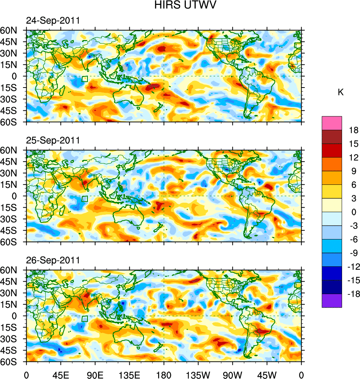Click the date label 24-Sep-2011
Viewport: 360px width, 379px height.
(x=52, y=21)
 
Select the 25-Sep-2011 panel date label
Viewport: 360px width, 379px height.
(x=52, y=141)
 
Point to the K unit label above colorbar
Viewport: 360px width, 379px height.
(x=341, y=92)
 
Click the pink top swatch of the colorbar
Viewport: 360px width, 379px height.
(x=332, y=123)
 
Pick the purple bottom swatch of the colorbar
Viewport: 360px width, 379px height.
(x=332, y=300)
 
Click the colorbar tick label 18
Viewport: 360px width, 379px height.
(x=354, y=130)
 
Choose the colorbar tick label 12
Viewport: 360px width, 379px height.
(x=354, y=158)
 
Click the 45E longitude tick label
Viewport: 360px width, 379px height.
(x=61, y=374)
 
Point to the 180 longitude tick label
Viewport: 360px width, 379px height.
(x=164, y=374)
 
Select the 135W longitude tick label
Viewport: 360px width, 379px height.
(x=198, y=374)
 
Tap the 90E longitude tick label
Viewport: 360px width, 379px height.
(x=95, y=374)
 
